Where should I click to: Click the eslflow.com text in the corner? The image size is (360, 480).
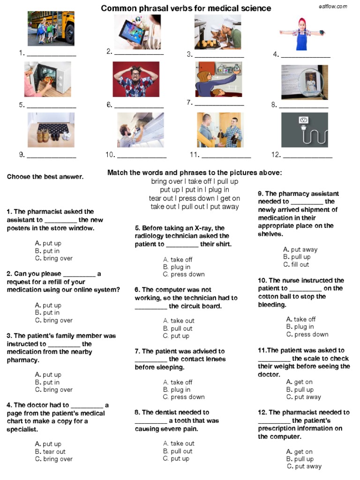[x=333, y=6]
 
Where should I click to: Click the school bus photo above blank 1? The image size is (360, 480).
[x=51, y=29]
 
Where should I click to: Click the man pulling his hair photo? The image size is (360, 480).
[x=135, y=79]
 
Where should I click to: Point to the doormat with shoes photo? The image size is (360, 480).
[x=51, y=130]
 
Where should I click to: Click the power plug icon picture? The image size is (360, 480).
[x=304, y=130]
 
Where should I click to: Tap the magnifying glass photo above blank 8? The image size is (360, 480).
[x=304, y=82]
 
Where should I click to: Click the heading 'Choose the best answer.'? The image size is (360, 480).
[x=45, y=177]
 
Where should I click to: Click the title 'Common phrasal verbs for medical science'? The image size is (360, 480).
[x=186, y=8]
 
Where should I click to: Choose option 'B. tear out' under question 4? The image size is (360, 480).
[x=50, y=451]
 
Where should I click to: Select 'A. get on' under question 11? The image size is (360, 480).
[x=299, y=382]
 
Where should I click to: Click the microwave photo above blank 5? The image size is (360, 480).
[x=47, y=79]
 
